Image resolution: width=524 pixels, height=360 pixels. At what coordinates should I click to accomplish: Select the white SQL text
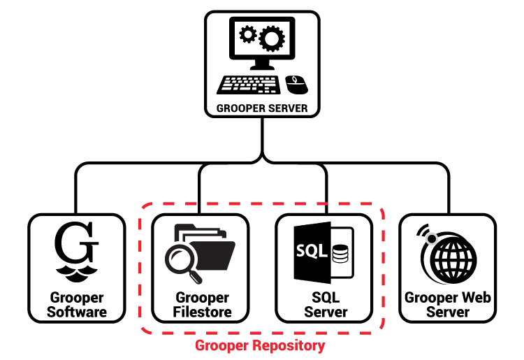point(312,251)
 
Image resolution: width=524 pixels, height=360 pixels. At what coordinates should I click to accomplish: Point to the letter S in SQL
point(301,251)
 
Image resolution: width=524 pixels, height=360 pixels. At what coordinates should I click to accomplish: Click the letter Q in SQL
point(312,252)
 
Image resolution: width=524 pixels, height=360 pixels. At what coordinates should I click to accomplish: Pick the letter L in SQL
point(323,251)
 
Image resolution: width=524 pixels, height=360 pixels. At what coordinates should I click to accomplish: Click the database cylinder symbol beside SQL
point(340,252)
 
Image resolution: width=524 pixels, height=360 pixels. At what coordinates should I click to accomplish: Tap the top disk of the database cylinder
point(340,246)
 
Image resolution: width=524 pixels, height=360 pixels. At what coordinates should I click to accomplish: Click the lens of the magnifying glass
point(179,258)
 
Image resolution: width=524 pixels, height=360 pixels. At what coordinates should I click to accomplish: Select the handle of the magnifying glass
point(196,278)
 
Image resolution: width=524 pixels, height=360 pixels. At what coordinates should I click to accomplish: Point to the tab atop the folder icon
point(184,227)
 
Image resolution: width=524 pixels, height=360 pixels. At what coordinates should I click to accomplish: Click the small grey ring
point(432,239)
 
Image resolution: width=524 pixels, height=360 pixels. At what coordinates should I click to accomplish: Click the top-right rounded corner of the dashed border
point(379,209)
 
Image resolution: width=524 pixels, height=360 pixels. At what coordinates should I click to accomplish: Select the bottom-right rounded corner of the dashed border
point(379,328)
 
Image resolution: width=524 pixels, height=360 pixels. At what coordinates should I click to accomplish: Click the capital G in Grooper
point(199,346)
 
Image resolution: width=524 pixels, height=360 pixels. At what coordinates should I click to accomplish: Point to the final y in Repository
point(321,347)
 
